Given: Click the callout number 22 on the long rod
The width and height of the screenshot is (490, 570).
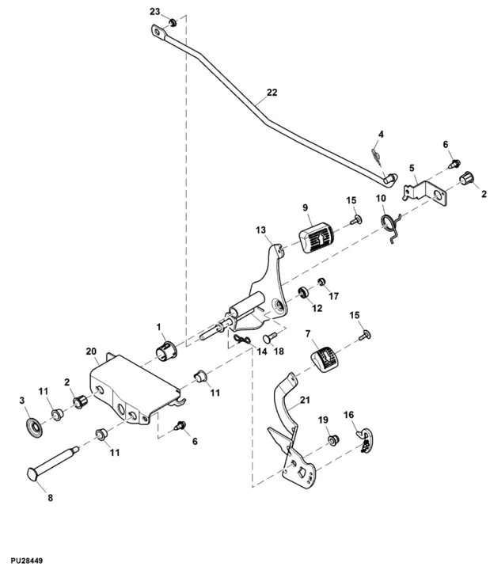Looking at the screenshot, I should pos(272,93).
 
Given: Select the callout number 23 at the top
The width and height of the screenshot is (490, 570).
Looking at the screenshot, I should pos(154,11).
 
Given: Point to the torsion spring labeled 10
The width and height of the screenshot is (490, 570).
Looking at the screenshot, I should pos(390,226).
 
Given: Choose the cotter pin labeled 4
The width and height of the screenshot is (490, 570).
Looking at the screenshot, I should pos(378,150).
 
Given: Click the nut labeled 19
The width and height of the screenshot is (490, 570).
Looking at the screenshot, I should pos(332,438).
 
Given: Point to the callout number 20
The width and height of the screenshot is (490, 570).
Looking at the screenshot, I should pos(90,351).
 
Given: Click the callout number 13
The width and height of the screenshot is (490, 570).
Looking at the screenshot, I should pos(261,230).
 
